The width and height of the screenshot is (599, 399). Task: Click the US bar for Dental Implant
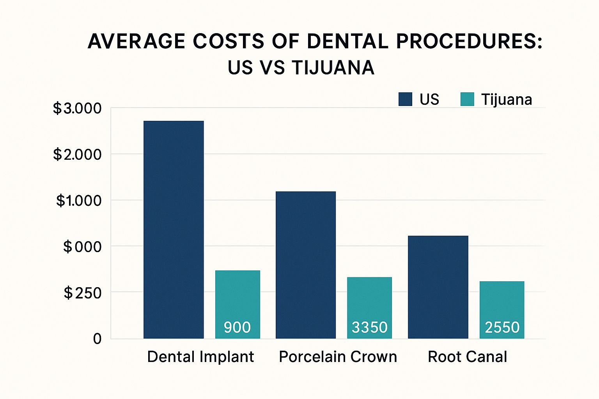pyautogui.click(x=174, y=230)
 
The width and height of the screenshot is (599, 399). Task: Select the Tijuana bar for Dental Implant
pyautogui.click(x=237, y=296)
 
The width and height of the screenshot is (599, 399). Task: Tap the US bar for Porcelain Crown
pyautogui.click(x=306, y=265)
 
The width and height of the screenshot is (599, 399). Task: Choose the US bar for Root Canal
pyautogui.click(x=438, y=287)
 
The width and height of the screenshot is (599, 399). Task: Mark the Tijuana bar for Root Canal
pyautogui.click(x=502, y=302)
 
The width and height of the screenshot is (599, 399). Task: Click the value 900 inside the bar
pyautogui.click(x=237, y=327)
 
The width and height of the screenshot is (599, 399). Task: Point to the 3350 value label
pyautogui.click(x=369, y=327)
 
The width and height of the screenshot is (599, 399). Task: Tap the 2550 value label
pyautogui.click(x=502, y=327)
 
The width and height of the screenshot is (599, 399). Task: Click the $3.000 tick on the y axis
pyautogui.click(x=77, y=108)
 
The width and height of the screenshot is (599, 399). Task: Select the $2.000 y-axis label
pyautogui.click(x=77, y=155)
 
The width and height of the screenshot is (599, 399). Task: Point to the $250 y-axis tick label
pyautogui.click(x=83, y=293)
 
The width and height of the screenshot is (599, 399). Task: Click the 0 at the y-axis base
pyautogui.click(x=97, y=339)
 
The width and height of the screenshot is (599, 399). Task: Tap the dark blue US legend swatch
pyautogui.click(x=405, y=99)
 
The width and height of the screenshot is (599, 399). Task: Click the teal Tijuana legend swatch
pyautogui.click(x=467, y=99)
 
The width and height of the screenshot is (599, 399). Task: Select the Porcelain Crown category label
pyautogui.click(x=338, y=357)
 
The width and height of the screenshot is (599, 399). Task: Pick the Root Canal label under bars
pyautogui.click(x=467, y=357)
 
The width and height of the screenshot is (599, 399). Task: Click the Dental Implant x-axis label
pyautogui.click(x=200, y=357)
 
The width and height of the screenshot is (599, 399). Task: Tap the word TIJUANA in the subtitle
pyautogui.click(x=333, y=68)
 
